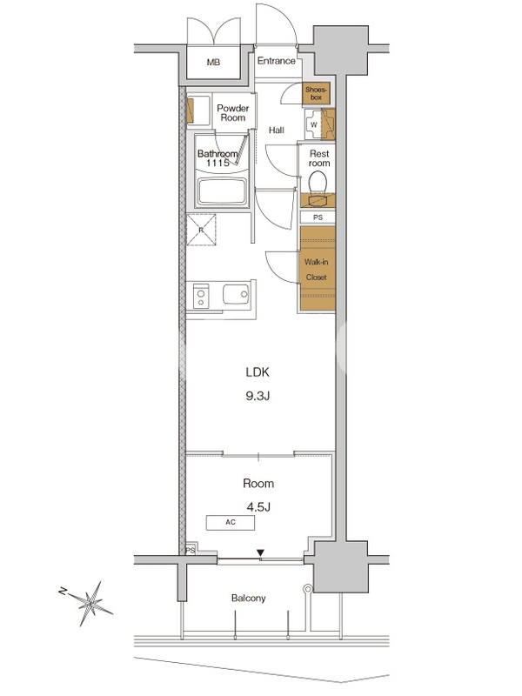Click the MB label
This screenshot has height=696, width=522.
[x=213, y=63]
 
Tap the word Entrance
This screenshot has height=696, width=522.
[x=276, y=61]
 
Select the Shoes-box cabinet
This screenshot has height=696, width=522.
[x=317, y=94]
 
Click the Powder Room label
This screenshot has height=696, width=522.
[x=233, y=113]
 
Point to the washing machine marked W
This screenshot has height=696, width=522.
[x=314, y=124]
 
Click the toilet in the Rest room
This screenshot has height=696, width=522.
[x=318, y=184]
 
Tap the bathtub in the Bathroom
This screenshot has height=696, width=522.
[x=222, y=191]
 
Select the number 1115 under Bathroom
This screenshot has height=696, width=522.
[x=217, y=163]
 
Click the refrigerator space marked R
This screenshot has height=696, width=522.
[x=201, y=230]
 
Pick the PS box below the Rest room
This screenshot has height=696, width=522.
[x=318, y=217]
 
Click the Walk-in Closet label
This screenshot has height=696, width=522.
[x=317, y=270]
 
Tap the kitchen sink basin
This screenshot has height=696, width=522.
[x=236, y=294]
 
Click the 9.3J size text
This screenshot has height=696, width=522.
[x=258, y=396]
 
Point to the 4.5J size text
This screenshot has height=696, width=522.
[x=258, y=507]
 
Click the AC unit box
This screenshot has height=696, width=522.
[x=231, y=523]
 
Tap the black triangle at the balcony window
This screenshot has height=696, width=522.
[x=260, y=552]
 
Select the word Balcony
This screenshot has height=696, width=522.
[x=249, y=599]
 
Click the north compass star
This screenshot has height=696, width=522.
[x=90, y=603]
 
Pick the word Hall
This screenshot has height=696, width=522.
[x=277, y=130]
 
